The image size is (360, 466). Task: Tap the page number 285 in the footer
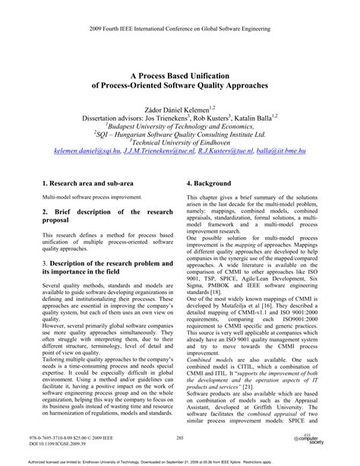pos(180,439)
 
